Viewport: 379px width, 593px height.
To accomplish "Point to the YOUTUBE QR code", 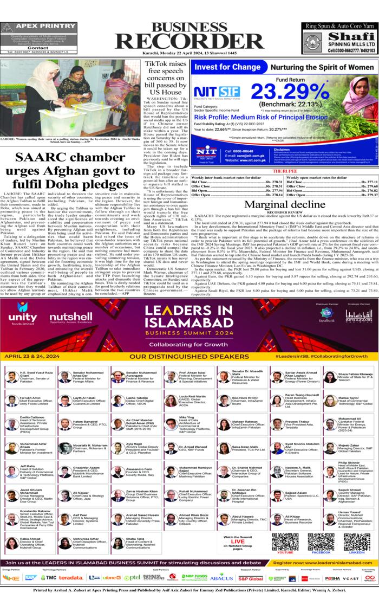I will (x=285, y=542).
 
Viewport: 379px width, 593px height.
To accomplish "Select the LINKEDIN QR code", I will (x=356, y=542).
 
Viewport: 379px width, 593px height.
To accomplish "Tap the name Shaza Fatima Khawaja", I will (x=355, y=373).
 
